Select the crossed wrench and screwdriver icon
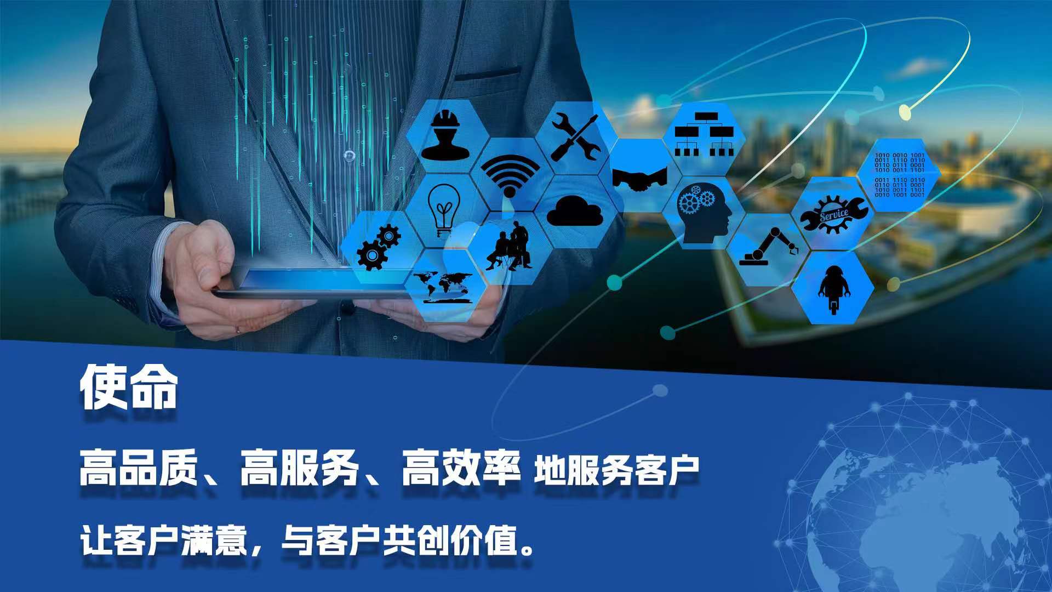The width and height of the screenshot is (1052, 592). [575, 137]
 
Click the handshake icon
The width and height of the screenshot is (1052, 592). [639, 178]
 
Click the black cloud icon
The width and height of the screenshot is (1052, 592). [575, 211]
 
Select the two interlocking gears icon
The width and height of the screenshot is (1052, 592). [379, 247]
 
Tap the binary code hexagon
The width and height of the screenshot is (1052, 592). [899, 175]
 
